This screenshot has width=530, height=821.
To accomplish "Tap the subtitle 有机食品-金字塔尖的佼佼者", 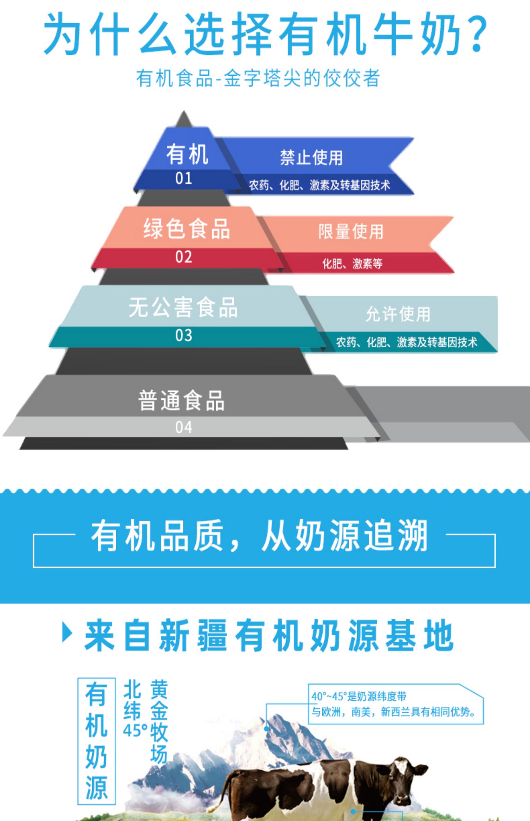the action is coord(258,78).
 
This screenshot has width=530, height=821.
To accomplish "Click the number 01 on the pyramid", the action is coord(184,179).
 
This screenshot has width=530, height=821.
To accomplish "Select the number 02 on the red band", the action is coord(184,257).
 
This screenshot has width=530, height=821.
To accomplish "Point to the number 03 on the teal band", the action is coord(184,335).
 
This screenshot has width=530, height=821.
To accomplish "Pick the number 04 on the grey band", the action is coord(184,427).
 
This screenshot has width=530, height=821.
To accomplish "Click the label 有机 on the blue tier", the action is coord(187,154).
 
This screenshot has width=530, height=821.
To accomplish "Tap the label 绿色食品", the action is coord(187,229).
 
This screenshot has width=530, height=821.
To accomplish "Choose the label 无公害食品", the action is coord(183,307).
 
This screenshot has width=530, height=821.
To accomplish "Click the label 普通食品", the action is coord(181,401).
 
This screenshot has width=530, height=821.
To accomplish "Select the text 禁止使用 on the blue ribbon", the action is coord(311,158).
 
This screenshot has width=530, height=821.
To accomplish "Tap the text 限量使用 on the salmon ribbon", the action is coord(351,232).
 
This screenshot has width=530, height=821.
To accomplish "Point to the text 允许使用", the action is coord(398,314).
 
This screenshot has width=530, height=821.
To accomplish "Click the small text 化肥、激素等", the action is coord(352,263).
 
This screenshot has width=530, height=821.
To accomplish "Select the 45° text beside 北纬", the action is coord(135,730).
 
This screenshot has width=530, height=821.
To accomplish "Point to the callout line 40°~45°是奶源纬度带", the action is coord(359,697).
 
